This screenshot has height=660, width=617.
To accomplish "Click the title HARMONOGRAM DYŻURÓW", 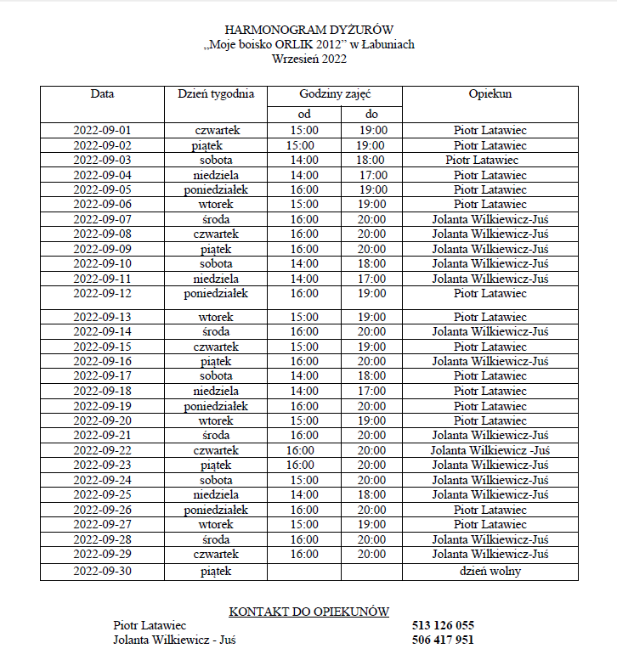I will pyautogui.click(x=309, y=31).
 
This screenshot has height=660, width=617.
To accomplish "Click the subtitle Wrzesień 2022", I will pyautogui.click(x=309, y=59).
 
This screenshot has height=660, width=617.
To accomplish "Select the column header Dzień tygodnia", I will pyautogui.click(x=216, y=94).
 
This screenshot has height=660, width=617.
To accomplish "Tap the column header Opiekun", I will pyautogui.click(x=490, y=94).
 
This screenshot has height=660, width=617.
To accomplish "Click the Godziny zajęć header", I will pyautogui.click(x=335, y=94).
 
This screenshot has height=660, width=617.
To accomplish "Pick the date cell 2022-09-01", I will pyautogui.click(x=103, y=131).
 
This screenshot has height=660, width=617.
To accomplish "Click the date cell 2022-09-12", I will pyautogui.click(x=103, y=294).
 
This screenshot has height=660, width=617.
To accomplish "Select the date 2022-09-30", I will pyautogui.click(x=103, y=572).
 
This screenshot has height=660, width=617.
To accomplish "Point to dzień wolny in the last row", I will pyautogui.click(x=490, y=572).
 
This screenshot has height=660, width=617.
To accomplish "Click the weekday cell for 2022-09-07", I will pyautogui.click(x=216, y=219).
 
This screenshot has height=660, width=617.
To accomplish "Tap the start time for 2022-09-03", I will pyautogui.click(x=304, y=160).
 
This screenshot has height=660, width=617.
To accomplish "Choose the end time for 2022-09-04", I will pyautogui.click(x=373, y=175).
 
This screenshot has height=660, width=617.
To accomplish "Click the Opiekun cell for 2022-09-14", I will pyautogui.click(x=490, y=332).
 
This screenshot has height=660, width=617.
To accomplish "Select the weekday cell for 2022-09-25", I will pyautogui.click(x=216, y=494).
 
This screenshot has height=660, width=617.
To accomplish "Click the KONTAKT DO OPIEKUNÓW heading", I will pyautogui.click(x=309, y=612).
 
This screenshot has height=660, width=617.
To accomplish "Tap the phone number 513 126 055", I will pyautogui.click(x=443, y=626).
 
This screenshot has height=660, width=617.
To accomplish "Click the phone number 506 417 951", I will pyautogui.click(x=443, y=640).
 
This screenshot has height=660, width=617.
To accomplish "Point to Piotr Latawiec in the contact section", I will pyautogui.click(x=150, y=626).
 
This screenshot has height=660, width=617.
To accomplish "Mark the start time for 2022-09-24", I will pyautogui.click(x=304, y=480).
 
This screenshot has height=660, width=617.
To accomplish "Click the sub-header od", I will pyautogui.click(x=304, y=115).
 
